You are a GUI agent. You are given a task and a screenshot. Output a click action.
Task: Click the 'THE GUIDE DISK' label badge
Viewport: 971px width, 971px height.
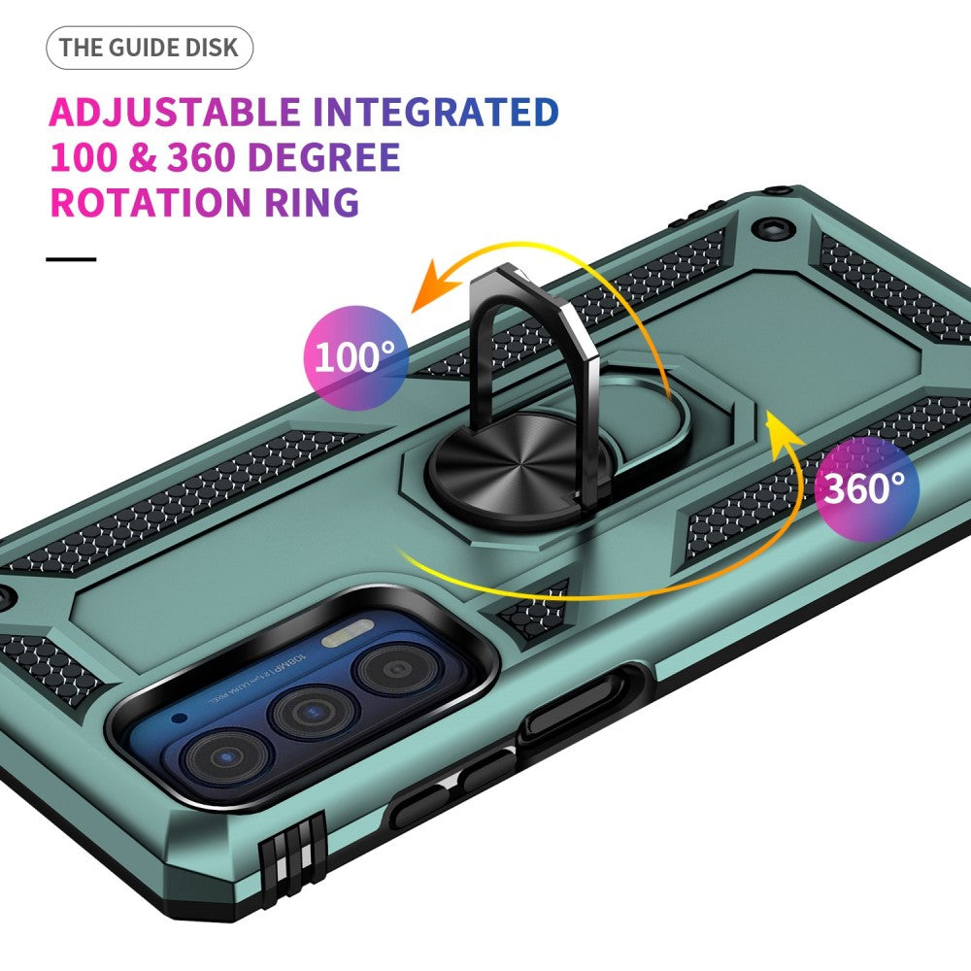click(x=149, y=48)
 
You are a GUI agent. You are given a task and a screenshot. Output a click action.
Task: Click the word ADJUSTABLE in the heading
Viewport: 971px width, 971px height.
click(x=173, y=112)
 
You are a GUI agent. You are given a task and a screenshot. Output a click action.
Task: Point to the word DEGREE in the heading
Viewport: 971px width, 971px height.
click(x=325, y=157)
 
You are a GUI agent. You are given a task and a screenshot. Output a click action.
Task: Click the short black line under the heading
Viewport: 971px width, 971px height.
click(x=72, y=259)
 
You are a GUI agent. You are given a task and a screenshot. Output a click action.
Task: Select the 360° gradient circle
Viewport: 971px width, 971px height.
click(x=867, y=486)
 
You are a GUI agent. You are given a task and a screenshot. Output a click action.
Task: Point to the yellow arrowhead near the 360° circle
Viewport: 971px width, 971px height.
click(x=782, y=427)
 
